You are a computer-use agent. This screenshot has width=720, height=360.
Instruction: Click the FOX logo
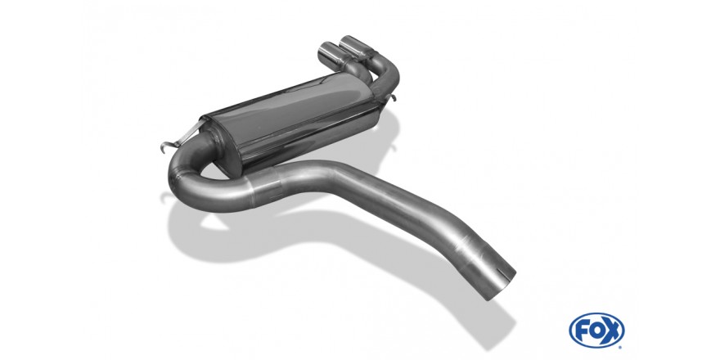pos(596,331)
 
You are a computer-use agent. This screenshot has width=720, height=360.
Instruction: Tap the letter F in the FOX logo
pos(582,331)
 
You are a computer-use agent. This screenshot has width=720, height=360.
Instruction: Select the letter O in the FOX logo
pos(596,331)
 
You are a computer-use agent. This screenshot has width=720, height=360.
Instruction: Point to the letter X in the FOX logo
pos(612,331)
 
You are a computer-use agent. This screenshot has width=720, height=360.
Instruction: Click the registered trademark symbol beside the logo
pos(620,347)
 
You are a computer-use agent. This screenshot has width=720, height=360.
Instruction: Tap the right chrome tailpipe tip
pos(355,47)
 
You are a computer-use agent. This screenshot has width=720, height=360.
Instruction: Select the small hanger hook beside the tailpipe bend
pos(392,98)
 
